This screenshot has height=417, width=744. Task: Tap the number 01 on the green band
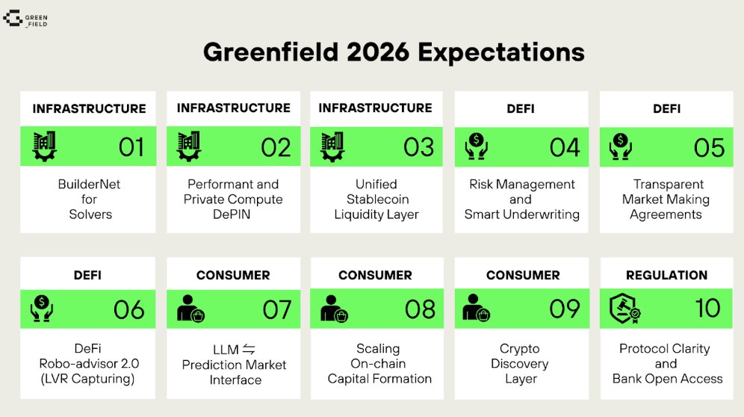(x=131, y=147)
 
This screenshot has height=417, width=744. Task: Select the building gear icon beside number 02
(x=190, y=146)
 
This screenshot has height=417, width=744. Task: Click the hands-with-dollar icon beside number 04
(x=477, y=146)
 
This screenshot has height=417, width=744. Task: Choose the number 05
(x=709, y=147)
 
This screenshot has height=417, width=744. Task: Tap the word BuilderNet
(x=89, y=184)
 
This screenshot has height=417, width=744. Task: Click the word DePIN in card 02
(x=233, y=214)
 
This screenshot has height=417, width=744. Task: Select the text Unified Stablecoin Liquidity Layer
(x=376, y=199)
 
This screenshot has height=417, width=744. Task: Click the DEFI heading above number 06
(x=88, y=275)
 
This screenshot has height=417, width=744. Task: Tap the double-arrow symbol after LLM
(x=249, y=349)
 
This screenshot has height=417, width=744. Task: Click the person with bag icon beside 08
(x=333, y=309)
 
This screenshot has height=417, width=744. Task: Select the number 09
(x=564, y=309)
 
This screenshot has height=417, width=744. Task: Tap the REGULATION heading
(x=666, y=275)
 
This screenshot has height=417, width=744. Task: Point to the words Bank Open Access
(x=667, y=378)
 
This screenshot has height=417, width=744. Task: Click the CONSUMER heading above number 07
(x=232, y=275)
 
